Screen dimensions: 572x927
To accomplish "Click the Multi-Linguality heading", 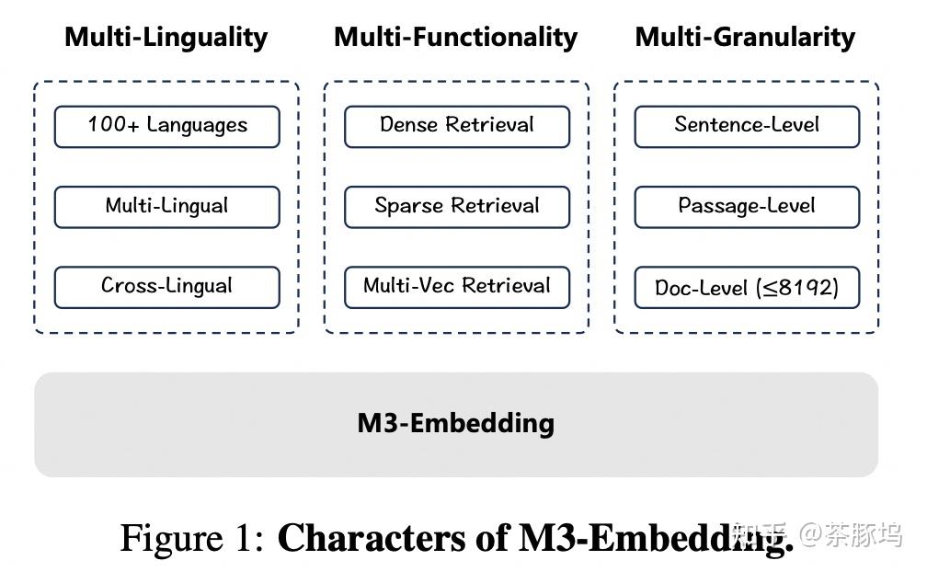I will point(166,38).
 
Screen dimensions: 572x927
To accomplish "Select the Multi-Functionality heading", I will point(456,38).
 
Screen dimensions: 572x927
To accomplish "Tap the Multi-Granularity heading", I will point(745,38).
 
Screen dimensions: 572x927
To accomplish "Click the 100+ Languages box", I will point(166,127).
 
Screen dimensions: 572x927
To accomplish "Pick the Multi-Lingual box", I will point(166,207).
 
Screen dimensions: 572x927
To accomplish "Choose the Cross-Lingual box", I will point(166,287).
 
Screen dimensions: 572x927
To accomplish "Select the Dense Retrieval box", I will point(457,127).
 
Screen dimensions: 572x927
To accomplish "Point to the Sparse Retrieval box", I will point(457,207).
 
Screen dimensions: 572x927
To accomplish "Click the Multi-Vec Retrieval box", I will point(457,287).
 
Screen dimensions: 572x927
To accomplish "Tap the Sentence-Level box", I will point(747,127).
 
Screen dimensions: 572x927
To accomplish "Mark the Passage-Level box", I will point(747,207).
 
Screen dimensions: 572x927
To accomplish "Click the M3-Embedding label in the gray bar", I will point(456,424).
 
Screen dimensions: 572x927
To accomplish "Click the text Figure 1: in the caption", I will point(193,538).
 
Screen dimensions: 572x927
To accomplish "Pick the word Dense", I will point(410,126).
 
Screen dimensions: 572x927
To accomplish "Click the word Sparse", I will point(406,207).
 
